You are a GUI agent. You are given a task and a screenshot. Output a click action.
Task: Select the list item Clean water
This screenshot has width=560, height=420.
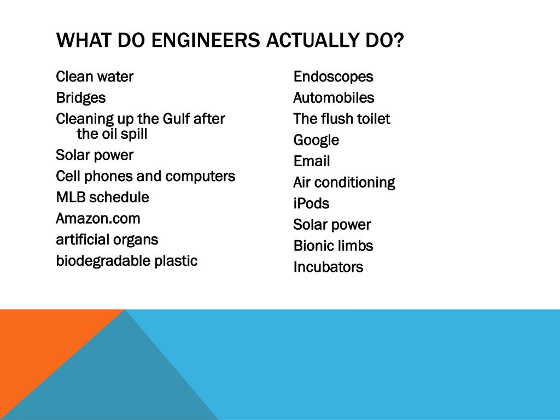[95, 77]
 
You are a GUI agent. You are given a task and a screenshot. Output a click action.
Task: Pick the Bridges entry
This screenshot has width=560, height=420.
[81, 98]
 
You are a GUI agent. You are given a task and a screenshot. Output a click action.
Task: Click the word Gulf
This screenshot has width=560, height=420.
[176, 119]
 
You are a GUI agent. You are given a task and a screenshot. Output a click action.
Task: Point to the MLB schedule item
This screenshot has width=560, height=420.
[102, 197]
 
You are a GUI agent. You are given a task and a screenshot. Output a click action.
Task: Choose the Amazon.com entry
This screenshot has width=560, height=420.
[98, 219]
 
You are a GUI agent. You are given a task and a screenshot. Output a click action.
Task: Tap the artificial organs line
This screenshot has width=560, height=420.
[107, 240]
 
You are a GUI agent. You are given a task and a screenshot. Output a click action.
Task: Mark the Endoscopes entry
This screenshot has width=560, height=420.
[333, 77]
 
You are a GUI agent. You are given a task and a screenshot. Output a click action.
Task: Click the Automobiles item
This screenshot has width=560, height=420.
[334, 98]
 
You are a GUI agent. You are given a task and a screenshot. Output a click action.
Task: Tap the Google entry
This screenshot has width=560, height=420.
[316, 140]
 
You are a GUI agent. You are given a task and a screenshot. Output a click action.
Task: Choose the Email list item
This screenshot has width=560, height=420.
[312, 161]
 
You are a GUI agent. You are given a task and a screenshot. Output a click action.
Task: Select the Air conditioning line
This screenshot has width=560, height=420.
[344, 182]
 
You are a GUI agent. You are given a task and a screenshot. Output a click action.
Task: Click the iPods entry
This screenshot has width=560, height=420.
[311, 203]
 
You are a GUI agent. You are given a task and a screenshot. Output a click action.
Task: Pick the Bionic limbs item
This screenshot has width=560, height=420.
[333, 246]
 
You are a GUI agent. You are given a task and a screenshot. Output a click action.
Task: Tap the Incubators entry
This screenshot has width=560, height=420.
[328, 267]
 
